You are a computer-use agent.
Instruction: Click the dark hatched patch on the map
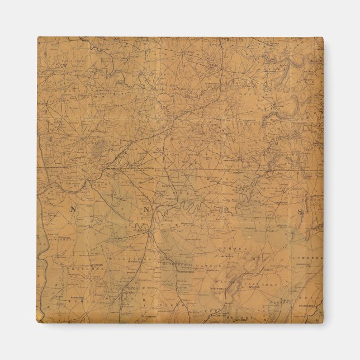101,149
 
